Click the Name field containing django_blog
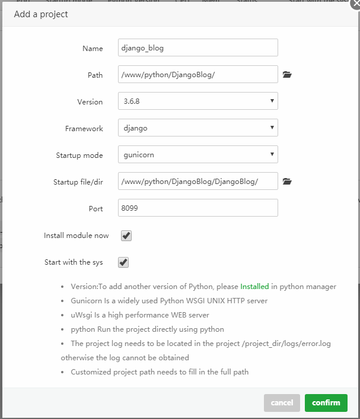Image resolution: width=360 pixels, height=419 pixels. pyautogui.click(x=197, y=48)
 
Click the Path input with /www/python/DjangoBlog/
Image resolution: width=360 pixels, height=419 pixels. pyautogui.click(x=197, y=75)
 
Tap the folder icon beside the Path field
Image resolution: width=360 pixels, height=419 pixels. pyautogui.click(x=287, y=75)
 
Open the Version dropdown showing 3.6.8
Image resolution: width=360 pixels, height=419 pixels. pyautogui.click(x=197, y=101)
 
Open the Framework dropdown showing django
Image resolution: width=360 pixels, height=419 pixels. pyautogui.click(x=197, y=128)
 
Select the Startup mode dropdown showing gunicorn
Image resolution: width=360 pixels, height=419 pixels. pyautogui.click(x=197, y=155)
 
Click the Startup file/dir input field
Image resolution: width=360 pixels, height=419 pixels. pyautogui.click(x=197, y=182)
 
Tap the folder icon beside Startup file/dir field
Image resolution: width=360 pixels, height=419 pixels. pyautogui.click(x=287, y=182)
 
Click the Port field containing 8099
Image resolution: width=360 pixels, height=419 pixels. pyautogui.click(x=197, y=208)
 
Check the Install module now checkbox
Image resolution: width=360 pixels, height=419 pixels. pyautogui.click(x=126, y=236)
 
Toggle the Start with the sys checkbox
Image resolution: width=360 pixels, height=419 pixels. pyautogui.click(x=123, y=262)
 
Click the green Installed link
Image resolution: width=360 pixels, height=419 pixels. pyautogui.click(x=254, y=286)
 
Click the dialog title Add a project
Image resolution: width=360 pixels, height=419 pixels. pyautogui.click(x=41, y=14)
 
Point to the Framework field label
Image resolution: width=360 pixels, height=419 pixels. pyautogui.click(x=84, y=128)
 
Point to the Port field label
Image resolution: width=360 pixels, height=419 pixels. pyautogui.click(x=95, y=208)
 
